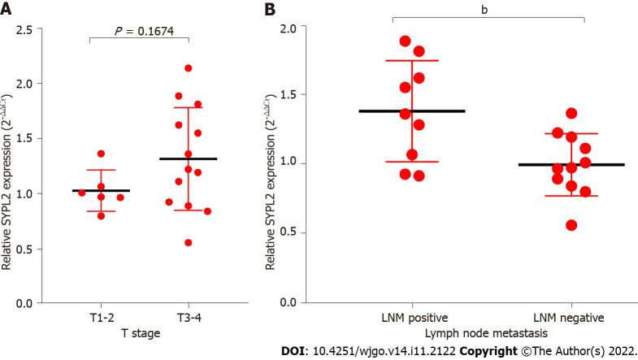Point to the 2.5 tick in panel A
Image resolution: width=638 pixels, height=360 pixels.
click(x=33, y=29)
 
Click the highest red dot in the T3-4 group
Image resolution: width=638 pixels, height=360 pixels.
click(x=189, y=68)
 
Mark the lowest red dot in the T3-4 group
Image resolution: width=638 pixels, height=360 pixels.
click(x=189, y=242)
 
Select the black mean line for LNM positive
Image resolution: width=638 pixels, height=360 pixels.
click(x=412, y=111)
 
